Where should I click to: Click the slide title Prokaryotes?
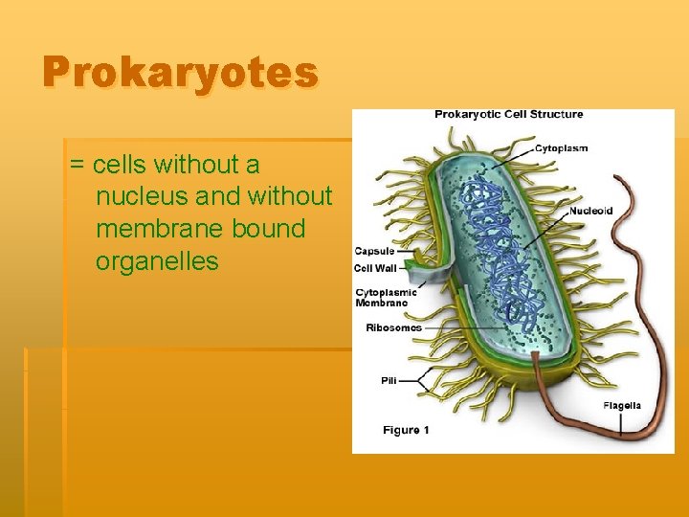point(180,74)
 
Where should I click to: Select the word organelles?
point(157,260)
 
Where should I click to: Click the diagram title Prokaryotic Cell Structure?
point(508,115)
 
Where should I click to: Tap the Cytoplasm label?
point(561,148)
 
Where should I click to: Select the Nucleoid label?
point(590,211)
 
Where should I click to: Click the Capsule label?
point(373,252)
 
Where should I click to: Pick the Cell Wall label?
point(375,268)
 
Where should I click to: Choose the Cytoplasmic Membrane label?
point(381,297)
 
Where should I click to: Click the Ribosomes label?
point(393,327)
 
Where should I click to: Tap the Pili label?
point(389,380)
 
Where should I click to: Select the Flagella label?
point(622,406)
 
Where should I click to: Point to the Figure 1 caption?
point(406,430)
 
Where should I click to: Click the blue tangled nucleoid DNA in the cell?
point(498,249)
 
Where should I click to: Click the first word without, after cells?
point(205,166)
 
